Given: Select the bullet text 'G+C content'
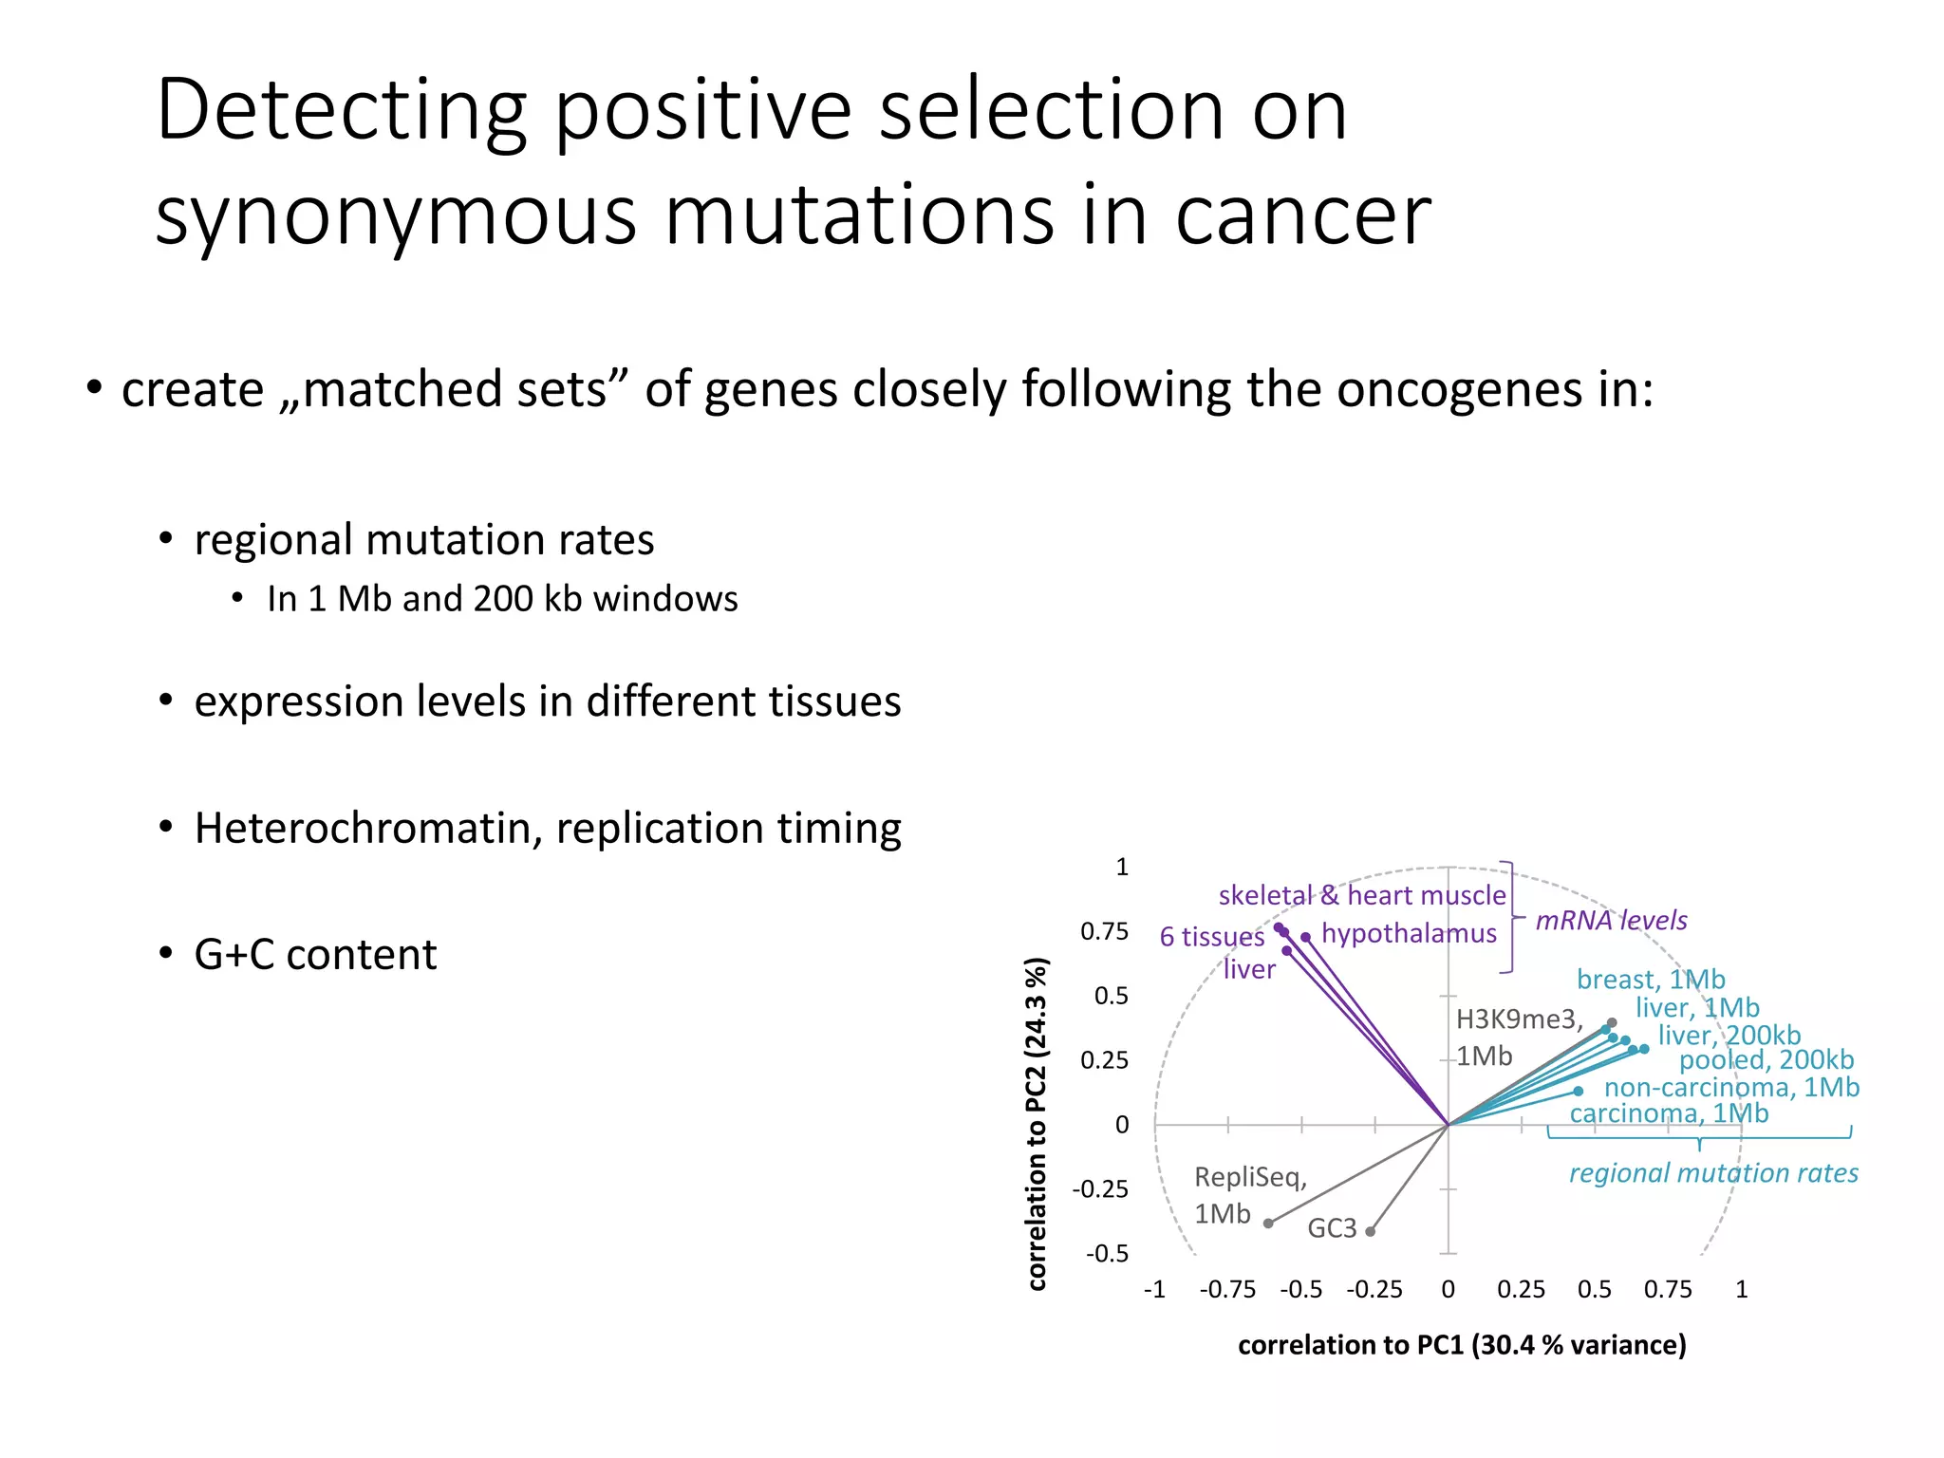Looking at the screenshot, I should point(315,954).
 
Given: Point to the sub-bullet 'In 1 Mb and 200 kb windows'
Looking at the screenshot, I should point(502,599).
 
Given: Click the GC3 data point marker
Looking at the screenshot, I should point(1370,1231).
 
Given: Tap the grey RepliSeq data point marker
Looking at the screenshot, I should point(1268,1223).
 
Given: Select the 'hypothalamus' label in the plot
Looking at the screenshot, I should point(1409,933).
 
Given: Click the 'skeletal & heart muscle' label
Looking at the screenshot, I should point(1361,895).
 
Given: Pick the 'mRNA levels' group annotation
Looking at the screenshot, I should point(1611,920).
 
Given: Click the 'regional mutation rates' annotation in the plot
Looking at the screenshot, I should point(1712,1173).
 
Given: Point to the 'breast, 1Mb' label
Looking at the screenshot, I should point(1651,979).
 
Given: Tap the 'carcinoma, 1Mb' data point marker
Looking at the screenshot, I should point(1579,1091).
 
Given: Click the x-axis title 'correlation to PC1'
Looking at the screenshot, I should point(1462,1345).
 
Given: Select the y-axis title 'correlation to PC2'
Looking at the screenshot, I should point(1037,1123).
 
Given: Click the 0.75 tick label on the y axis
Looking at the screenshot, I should point(1104,931).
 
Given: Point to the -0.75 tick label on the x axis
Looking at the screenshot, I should point(1227,1289).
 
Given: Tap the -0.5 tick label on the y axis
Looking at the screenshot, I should point(1107,1254).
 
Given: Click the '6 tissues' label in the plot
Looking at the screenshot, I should point(1211,937).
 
